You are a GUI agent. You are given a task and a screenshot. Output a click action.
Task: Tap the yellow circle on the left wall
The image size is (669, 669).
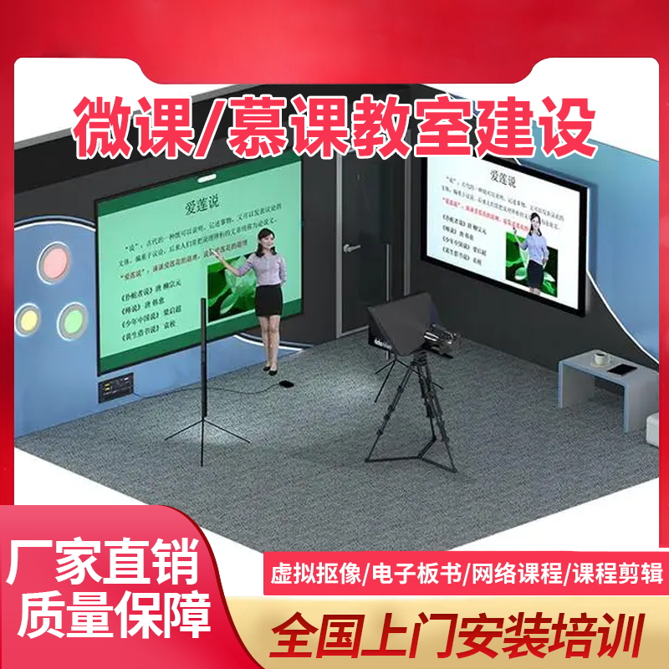click(x=28, y=317)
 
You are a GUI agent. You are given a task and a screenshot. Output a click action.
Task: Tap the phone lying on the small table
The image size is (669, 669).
click(x=622, y=370)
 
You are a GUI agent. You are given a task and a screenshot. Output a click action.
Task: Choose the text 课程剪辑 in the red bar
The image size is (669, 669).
click(x=617, y=575)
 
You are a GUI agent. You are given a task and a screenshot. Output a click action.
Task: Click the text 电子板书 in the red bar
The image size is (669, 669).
click(x=413, y=575)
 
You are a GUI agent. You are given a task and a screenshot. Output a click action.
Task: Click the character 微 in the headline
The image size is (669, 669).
click(x=106, y=127)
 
